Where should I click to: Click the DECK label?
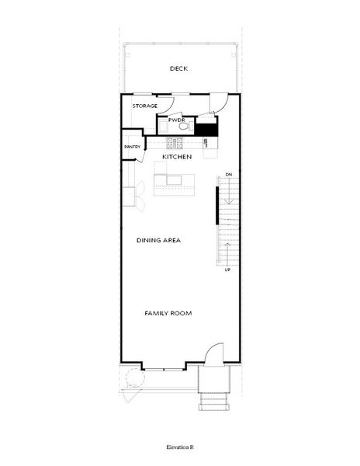(179, 69)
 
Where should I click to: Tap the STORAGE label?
(145, 106)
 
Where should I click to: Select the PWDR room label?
(176, 120)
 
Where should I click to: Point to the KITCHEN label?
(177, 158)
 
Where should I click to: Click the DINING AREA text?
(158, 241)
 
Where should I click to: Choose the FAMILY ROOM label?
(168, 313)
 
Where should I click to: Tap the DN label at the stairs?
(229, 175)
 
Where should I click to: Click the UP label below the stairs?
(227, 270)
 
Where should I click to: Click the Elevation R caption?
(179, 448)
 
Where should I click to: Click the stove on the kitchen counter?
(173, 143)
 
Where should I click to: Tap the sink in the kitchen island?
(173, 180)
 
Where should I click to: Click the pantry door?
(143, 152)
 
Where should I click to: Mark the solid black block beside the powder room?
(206, 130)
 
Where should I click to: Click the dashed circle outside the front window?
(133, 381)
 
